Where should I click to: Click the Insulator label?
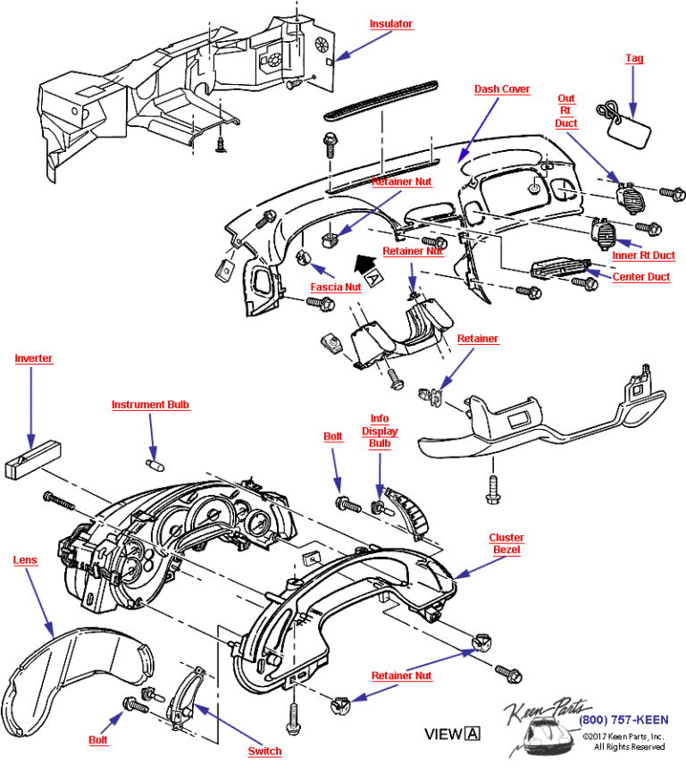[x=391, y=24]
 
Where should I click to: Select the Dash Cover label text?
[x=501, y=89]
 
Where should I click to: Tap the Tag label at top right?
[x=633, y=58]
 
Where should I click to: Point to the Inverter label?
[x=33, y=358]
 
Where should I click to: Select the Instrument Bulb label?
[x=150, y=405]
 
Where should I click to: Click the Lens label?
[x=25, y=560]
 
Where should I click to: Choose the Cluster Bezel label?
[x=506, y=544]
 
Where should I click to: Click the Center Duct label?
[x=640, y=277]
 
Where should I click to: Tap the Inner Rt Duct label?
[x=644, y=256]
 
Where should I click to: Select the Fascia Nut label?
[x=335, y=288]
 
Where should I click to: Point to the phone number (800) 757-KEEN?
[x=622, y=720]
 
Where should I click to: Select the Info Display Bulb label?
[x=381, y=432]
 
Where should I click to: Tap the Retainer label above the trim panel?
[x=478, y=340]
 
